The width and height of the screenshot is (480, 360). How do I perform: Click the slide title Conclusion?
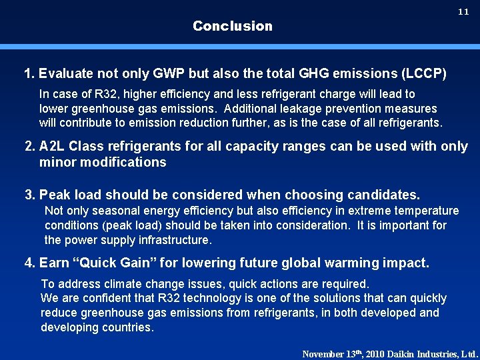pyautogui.click(x=233, y=26)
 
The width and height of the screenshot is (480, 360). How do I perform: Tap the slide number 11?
pyautogui.click(x=463, y=13)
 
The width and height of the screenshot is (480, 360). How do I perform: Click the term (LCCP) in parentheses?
pyautogui.click(x=424, y=73)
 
